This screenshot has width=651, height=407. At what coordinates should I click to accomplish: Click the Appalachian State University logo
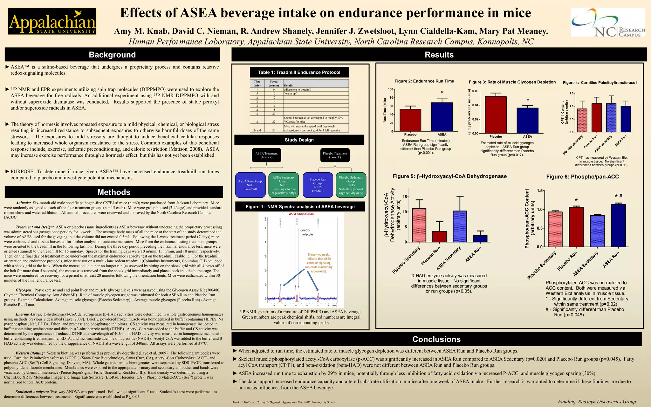pyautogui.click(x=52, y=21)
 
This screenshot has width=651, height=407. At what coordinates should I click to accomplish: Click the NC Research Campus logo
pyautogui.click(x=608, y=22)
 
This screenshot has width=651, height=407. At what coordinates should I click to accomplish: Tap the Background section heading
pyautogui.click(x=112, y=55)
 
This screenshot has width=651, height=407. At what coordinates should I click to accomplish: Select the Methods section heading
pyautogui.click(x=114, y=192)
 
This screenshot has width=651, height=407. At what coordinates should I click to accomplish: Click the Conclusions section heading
pyautogui.click(x=436, y=339)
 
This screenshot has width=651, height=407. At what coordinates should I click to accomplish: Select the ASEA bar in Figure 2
pyautogui.click(x=442, y=117)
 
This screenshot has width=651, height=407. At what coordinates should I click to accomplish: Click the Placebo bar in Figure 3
pyautogui.click(x=496, y=115)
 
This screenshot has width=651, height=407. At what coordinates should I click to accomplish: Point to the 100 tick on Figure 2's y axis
pyautogui.click(x=390, y=89)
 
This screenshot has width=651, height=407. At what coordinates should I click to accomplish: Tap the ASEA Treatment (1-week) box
pyautogui.click(x=266, y=155)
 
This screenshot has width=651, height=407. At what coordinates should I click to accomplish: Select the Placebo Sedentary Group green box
pyautogui.click(x=351, y=185)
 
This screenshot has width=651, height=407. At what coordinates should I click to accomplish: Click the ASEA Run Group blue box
pyautogui.click(x=250, y=185)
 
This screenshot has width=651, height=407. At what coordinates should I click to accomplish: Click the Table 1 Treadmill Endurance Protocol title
pyautogui.click(x=299, y=72)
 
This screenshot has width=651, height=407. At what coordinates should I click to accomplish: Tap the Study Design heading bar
pyautogui.click(x=299, y=140)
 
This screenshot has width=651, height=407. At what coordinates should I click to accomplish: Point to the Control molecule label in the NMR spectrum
pyautogui.click(x=306, y=232)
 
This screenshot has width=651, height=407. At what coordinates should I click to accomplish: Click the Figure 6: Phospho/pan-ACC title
pyautogui.click(x=582, y=177)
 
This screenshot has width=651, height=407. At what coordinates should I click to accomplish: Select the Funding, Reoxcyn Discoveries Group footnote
pyautogui.click(x=597, y=402)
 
